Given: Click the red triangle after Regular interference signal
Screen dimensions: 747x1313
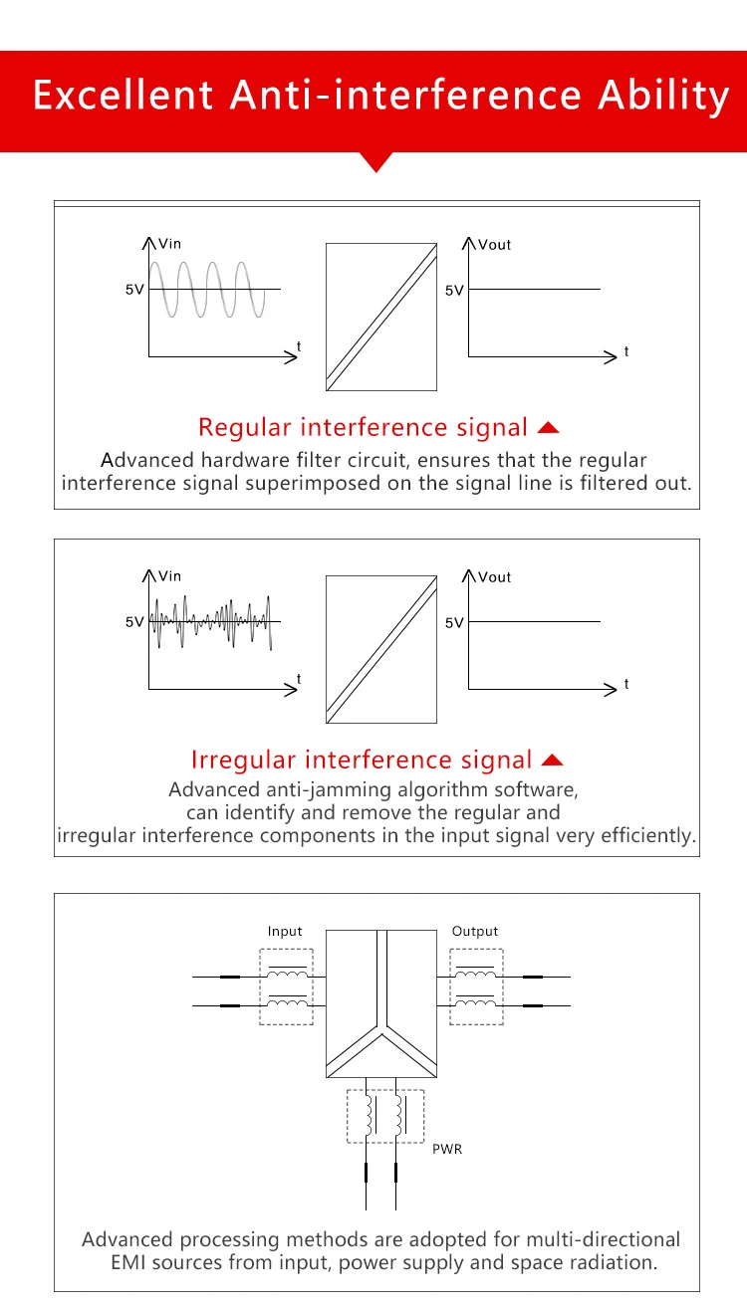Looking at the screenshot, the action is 548,428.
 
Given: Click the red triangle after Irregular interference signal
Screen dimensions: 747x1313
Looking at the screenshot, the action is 553,761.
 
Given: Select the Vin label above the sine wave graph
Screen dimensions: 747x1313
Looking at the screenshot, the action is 170,244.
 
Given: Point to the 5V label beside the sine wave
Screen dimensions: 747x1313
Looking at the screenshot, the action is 134,290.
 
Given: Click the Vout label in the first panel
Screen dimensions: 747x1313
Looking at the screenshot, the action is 494,245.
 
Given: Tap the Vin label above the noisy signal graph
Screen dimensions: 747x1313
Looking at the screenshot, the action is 170,576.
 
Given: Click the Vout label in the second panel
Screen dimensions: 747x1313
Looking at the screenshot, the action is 494,577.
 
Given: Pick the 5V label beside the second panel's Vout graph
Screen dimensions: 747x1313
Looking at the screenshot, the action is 454,623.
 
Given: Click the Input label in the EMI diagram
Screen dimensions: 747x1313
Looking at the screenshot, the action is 285,932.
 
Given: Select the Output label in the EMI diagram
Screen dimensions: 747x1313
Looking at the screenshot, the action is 474,932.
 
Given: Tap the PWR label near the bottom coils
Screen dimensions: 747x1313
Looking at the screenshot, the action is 447,1149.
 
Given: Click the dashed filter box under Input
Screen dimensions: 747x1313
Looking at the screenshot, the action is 286,985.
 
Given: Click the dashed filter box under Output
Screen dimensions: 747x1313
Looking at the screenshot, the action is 476,985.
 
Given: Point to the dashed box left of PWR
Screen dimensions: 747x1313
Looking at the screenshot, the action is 384,1116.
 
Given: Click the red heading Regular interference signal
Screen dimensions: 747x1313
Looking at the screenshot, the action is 363,428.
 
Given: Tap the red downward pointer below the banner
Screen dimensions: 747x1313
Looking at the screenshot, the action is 375,162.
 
